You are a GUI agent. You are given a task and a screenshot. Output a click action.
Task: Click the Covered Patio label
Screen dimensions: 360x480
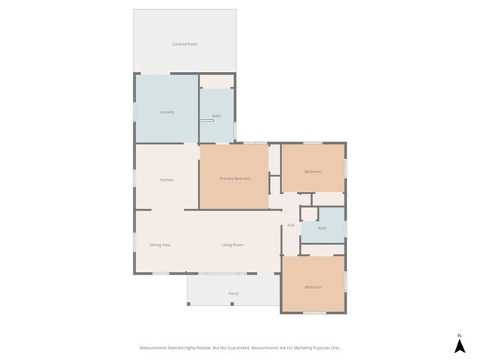[184, 44]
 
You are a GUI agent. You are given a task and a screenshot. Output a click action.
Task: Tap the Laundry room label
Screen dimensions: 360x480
[166, 112]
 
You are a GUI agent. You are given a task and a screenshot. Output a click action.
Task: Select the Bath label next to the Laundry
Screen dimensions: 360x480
[217, 115]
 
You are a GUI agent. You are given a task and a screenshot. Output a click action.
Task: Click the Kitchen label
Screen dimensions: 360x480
[166, 180]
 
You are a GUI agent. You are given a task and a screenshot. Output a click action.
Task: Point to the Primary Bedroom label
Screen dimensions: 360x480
[235, 178]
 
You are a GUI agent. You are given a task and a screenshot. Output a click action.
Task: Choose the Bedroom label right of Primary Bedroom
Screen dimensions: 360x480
[313, 172]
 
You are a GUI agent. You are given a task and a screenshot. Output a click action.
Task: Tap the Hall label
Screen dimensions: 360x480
[291, 225]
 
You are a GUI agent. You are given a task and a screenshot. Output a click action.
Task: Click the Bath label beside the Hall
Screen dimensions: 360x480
[322, 228]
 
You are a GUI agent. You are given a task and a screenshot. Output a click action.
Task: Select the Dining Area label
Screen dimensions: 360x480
[160, 244]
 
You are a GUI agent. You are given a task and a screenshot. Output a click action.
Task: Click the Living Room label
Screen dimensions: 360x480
[232, 244]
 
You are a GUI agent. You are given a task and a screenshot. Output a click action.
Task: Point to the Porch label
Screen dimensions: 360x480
[233, 293]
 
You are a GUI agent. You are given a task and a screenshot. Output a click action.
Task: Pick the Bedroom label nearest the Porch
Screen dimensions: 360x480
[313, 286]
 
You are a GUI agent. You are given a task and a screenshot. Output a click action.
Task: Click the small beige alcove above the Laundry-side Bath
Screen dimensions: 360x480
[217, 81]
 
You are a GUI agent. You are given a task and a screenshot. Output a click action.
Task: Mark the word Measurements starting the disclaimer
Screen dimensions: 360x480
[154, 348]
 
